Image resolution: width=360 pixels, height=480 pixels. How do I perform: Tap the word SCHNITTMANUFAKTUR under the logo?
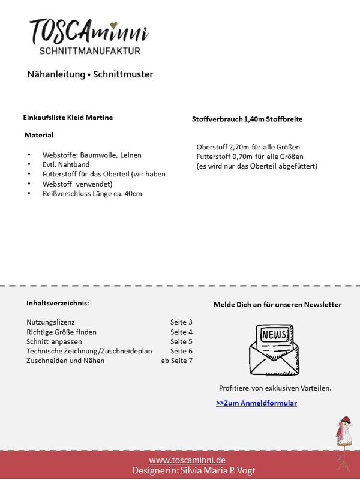[x=89, y=51]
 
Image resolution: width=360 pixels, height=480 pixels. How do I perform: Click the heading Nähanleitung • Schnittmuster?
[x=90, y=74]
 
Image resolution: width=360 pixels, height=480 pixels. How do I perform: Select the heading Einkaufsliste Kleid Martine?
[x=68, y=118]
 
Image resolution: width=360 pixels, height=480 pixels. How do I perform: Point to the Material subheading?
[x=39, y=135]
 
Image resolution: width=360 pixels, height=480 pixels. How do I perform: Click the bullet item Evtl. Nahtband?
[x=67, y=164]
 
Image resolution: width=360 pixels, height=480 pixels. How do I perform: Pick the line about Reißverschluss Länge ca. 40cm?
[x=92, y=193]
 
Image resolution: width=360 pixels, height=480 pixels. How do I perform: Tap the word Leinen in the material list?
[x=131, y=155]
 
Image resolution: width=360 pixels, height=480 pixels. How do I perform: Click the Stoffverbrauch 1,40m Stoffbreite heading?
[x=247, y=119]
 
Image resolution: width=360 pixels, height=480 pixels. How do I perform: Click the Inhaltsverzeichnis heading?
[x=58, y=303]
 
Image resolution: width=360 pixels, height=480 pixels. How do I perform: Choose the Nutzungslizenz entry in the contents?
[x=50, y=322]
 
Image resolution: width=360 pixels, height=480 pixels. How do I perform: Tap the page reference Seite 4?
[x=181, y=332]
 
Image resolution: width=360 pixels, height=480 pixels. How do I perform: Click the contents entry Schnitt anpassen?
[x=54, y=341]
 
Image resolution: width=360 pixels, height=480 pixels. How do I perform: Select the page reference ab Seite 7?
[x=176, y=361]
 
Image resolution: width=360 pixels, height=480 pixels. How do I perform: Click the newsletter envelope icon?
[x=274, y=349]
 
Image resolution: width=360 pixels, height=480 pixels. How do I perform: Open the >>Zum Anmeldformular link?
[x=256, y=403]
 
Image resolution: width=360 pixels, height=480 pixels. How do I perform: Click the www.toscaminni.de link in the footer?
[x=187, y=460]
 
